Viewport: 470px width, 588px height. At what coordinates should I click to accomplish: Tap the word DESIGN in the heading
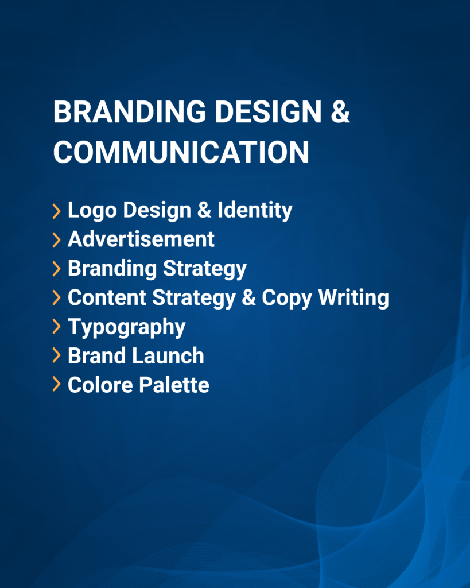(x=269, y=111)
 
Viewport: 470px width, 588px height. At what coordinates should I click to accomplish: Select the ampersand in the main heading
(x=340, y=111)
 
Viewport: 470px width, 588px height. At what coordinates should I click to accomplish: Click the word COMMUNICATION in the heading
(x=181, y=152)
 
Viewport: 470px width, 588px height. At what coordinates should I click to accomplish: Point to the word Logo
(x=92, y=210)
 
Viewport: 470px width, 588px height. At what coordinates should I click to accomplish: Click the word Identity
(x=255, y=210)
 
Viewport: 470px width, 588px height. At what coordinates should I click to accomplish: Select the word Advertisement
(x=141, y=239)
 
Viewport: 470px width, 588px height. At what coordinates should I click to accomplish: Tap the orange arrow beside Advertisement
(x=57, y=240)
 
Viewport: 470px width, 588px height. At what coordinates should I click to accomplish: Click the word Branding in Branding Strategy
(x=112, y=269)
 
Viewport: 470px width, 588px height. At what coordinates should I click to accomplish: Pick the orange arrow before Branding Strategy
(x=57, y=269)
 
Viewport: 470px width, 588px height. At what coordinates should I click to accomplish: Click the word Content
(x=107, y=298)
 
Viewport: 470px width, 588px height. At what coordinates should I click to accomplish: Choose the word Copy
(x=287, y=299)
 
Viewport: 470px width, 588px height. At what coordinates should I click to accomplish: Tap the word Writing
(x=354, y=298)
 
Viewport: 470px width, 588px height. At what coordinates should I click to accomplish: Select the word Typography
(x=127, y=327)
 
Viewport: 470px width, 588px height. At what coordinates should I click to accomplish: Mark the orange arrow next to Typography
(x=57, y=326)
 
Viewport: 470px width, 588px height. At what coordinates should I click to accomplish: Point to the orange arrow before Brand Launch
(x=57, y=355)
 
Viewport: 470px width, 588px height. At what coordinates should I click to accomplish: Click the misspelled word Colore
(x=100, y=385)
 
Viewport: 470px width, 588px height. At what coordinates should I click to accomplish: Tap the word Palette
(x=174, y=385)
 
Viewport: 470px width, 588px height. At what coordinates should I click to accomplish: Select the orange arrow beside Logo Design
(x=57, y=211)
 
